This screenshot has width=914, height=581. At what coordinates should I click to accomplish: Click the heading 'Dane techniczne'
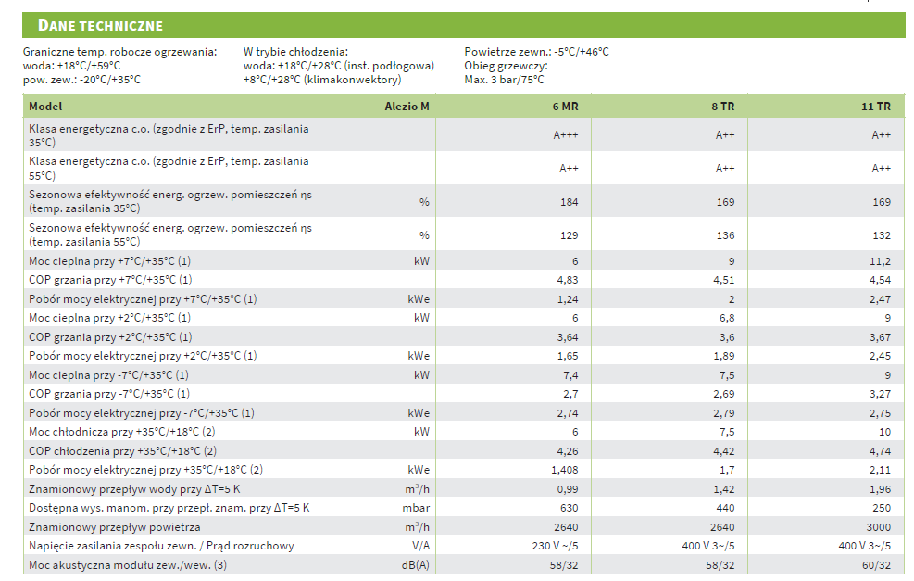pos(101,25)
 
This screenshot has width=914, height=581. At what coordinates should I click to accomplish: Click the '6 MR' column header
pos(565,107)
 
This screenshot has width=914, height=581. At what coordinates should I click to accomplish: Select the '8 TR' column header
pos(722,107)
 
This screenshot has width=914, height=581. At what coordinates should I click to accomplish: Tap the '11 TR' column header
pos(876,107)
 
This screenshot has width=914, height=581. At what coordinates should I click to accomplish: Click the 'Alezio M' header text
pos(407,107)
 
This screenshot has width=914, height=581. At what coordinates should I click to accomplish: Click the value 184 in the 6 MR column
pos(569,202)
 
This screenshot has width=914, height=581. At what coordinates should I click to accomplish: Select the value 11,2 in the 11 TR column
pos(880,261)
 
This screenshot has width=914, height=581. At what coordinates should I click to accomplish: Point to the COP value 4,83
pos(567,280)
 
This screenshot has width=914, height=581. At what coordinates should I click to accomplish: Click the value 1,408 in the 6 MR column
pos(564,470)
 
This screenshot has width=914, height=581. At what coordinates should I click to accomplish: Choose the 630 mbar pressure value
pos(569,508)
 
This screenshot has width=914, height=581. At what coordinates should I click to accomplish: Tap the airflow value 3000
pos(879,526)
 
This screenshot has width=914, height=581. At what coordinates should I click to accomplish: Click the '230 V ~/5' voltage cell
pos(554,546)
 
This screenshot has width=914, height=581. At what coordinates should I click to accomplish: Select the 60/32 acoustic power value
pos(876,564)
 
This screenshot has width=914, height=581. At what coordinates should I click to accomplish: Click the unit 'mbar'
pos(417,508)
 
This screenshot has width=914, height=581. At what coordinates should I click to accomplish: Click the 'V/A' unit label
pos(420,546)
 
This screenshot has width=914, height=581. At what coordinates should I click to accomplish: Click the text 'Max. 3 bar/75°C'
pos(504,80)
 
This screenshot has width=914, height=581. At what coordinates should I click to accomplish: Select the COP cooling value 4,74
pos(880,451)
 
